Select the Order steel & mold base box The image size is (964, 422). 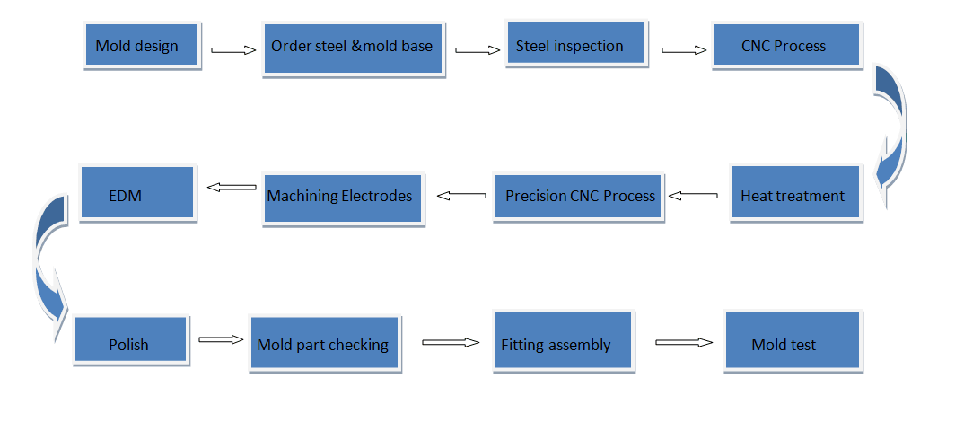(x=353, y=48)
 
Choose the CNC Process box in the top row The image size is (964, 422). (x=785, y=46)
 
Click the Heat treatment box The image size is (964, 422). (x=795, y=193)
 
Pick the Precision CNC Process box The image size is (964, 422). (x=578, y=197)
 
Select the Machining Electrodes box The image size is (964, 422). (x=342, y=197)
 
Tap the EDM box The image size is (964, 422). (x=137, y=192)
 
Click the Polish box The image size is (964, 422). (x=130, y=342)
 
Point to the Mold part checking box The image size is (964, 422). (x=323, y=343)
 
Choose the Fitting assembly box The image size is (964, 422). (x=564, y=342)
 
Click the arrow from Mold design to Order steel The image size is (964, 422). (x=233, y=50)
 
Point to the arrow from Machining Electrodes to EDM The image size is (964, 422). (x=231, y=188)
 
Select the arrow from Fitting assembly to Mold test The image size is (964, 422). (x=683, y=342)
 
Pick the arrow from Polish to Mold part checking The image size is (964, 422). (x=221, y=339)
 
